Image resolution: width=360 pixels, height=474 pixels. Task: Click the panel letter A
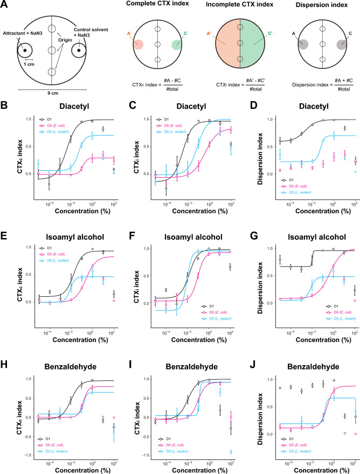5,5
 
